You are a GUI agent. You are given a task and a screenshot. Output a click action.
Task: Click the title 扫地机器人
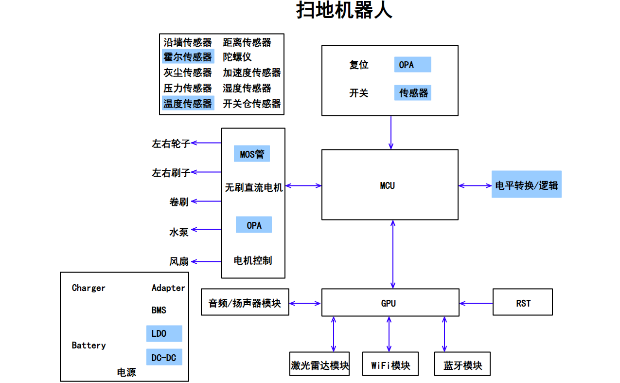point(344,11)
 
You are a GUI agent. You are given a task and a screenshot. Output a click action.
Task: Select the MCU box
point(390,185)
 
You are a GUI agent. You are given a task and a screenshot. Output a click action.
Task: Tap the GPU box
point(390,303)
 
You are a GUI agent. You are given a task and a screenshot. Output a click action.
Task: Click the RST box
point(522,303)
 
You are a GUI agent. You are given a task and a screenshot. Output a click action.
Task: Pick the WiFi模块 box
point(390,365)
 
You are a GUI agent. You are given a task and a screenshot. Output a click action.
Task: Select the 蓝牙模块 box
point(462,365)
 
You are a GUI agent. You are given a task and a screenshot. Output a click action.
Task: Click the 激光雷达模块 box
point(320,365)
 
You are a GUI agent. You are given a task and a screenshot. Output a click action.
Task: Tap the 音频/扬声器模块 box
point(245,303)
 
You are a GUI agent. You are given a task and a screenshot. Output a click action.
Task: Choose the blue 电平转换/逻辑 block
point(526,184)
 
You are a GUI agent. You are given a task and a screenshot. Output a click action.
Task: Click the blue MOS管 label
point(252,154)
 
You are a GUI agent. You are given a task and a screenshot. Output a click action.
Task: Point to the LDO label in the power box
point(164,334)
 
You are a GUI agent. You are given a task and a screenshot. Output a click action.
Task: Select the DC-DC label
point(164,358)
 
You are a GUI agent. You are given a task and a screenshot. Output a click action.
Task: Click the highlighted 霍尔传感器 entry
point(188,57)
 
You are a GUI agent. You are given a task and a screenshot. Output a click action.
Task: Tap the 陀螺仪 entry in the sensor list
point(237,57)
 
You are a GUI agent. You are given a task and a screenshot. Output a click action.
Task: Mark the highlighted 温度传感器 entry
point(188,103)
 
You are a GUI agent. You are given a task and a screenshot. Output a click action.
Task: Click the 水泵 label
point(178,232)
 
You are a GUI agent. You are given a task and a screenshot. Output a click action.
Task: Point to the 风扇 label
point(178,261)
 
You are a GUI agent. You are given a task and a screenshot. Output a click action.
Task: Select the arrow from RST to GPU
point(476,303)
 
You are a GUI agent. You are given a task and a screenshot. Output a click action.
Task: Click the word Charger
point(89,288)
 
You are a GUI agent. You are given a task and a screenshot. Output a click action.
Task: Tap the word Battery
point(89,345)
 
